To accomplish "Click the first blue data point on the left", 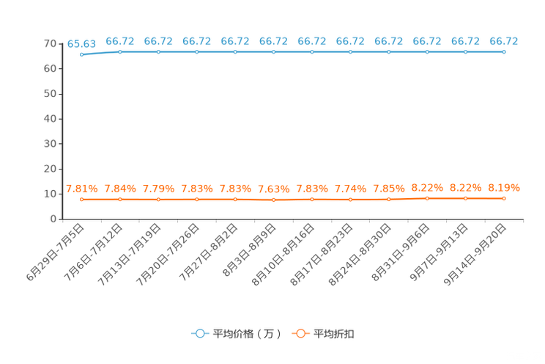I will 81,54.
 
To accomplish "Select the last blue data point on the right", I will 504,51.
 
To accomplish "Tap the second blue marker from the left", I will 119,51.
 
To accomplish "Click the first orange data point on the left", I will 81,200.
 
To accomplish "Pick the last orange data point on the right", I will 504,198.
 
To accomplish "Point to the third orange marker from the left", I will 158,200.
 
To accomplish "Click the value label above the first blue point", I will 81,43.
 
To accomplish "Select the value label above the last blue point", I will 504,40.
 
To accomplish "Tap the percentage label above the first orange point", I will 81,189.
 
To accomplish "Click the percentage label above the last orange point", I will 504,188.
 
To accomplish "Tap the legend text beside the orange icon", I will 335,334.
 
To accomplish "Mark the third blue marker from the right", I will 427,51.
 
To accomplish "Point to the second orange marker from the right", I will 465,198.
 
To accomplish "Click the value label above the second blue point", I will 119,40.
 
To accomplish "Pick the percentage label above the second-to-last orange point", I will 465,188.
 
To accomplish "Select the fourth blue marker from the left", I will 196,51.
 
